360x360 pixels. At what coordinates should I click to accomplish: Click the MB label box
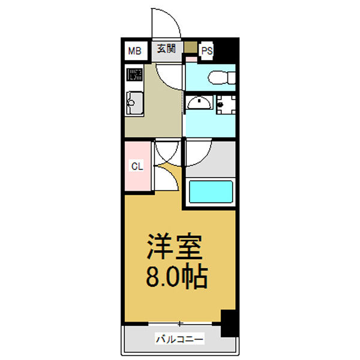pyautogui.click(x=134, y=51)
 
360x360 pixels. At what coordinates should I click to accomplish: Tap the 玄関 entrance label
pyautogui.click(x=166, y=49)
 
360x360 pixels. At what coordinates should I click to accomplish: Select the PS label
pyautogui.click(x=206, y=51)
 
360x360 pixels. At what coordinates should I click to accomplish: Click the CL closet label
pyautogui.click(x=137, y=166)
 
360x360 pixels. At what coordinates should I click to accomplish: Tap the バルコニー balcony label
pyautogui.click(x=179, y=340)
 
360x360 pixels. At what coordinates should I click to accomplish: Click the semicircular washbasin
pyautogui.click(x=199, y=103)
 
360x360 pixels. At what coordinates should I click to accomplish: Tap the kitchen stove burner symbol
pyautogui.click(x=134, y=76)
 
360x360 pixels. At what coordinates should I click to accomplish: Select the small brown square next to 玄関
pyautogui.click(x=190, y=47)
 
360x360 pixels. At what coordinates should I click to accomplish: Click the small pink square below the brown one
pyautogui.click(x=190, y=58)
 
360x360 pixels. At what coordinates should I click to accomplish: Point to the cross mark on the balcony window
pyautogui.click(x=179, y=324)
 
